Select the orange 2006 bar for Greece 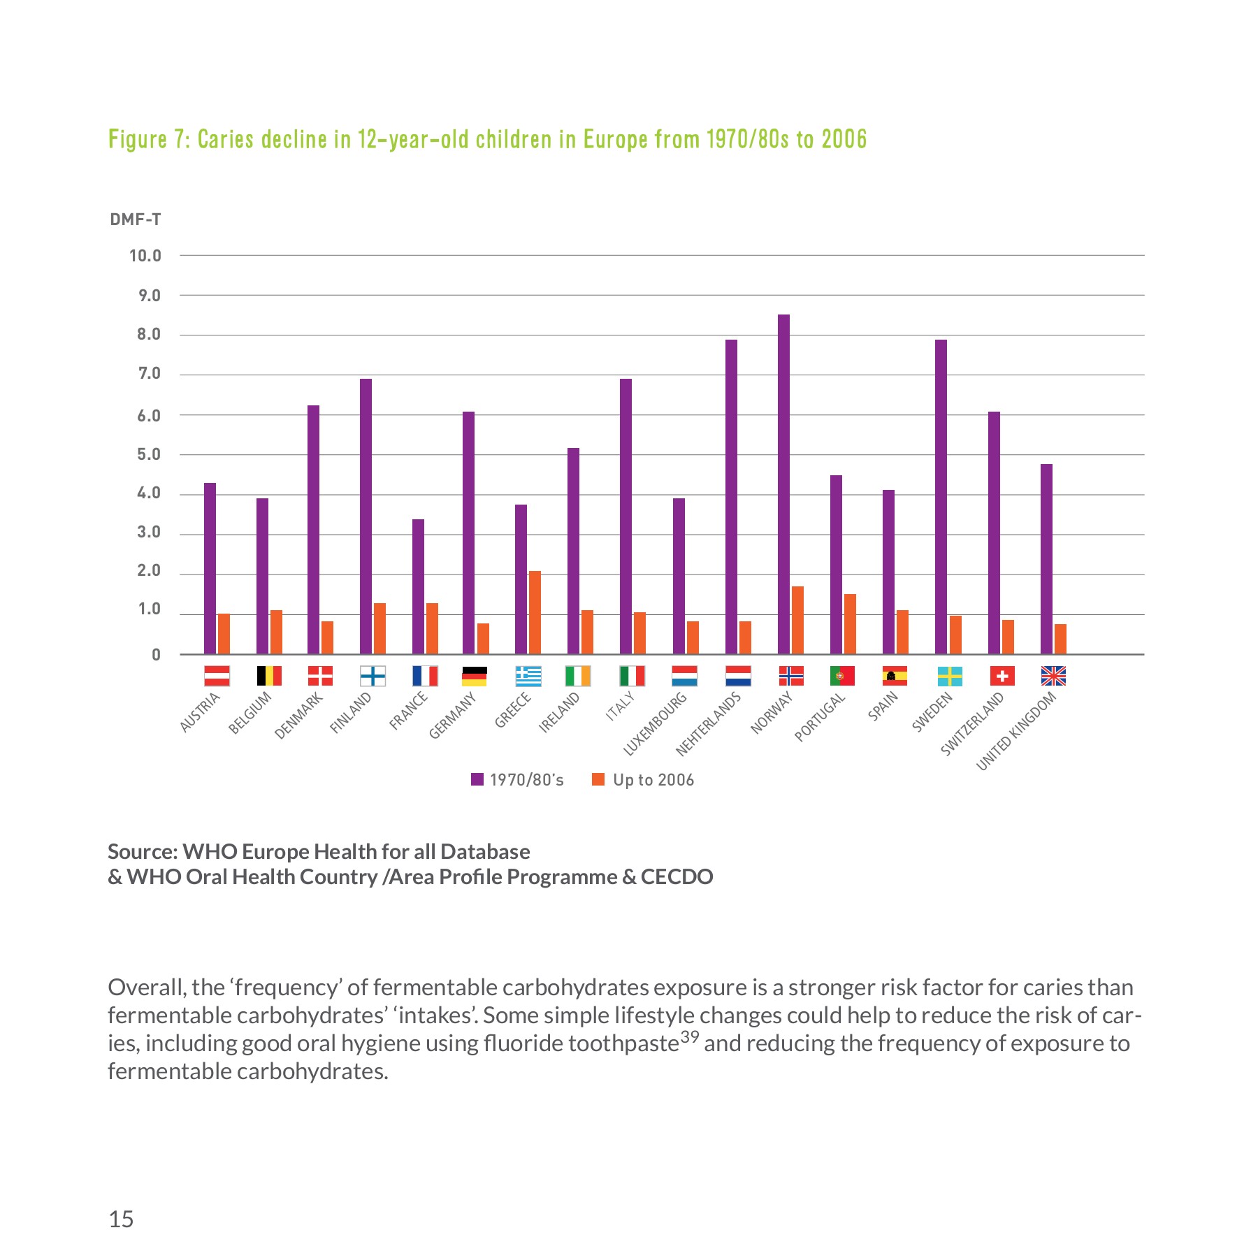click(535, 612)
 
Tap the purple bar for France click(418, 586)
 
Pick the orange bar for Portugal click(850, 624)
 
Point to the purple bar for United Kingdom click(1046, 559)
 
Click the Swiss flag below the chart click(1002, 676)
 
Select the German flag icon click(475, 676)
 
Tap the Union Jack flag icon click(1053, 676)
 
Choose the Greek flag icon click(528, 676)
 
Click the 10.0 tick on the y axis click(145, 256)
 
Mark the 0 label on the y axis click(156, 655)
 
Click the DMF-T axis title click(136, 219)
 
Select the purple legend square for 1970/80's click(477, 779)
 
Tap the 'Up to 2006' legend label click(653, 780)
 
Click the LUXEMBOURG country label click(656, 723)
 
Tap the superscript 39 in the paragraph click(689, 1037)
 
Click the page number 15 click(121, 1220)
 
